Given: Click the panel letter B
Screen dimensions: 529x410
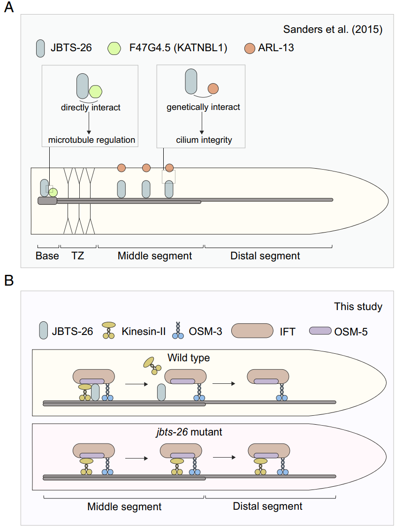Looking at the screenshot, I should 9,280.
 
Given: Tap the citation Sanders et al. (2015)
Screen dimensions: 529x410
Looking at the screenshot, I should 333,30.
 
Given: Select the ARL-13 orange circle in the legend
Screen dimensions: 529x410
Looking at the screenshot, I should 251,47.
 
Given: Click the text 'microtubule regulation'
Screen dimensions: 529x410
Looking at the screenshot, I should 91,140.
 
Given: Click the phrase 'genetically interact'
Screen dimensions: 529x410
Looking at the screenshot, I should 203,107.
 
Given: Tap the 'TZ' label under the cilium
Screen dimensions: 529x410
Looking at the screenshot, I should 78,256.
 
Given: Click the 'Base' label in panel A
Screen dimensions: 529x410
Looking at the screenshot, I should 47,256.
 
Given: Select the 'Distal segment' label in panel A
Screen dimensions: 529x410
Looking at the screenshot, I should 265,256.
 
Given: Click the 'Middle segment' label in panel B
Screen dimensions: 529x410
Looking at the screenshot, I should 124,507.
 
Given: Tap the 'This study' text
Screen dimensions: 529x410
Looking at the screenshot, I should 358,307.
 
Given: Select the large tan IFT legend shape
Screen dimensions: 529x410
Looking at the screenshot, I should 252,330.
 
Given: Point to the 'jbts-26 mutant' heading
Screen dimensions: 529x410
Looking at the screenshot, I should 189,431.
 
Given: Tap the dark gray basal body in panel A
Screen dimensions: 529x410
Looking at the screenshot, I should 47,201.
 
